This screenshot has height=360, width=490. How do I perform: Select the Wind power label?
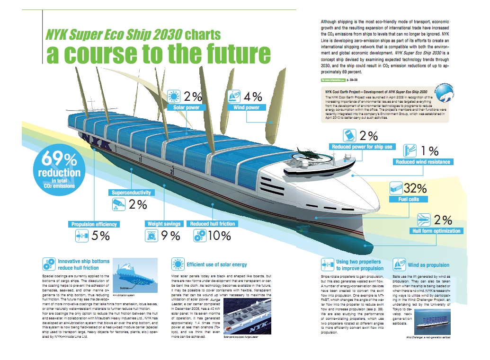click(247, 107)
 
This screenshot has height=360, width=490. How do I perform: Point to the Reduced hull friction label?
click(212, 224)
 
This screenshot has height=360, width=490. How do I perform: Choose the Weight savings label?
click(164, 224)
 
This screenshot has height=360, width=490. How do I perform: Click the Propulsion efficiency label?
click(94, 224)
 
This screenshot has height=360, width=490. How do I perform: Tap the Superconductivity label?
click(131, 193)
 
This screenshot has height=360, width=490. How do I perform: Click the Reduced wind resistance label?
click(423, 162)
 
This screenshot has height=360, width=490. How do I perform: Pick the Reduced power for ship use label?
click(362, 147)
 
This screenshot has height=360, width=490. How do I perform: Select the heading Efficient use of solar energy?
click(216, 264)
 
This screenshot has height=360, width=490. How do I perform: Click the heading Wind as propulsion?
click(428, 265)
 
